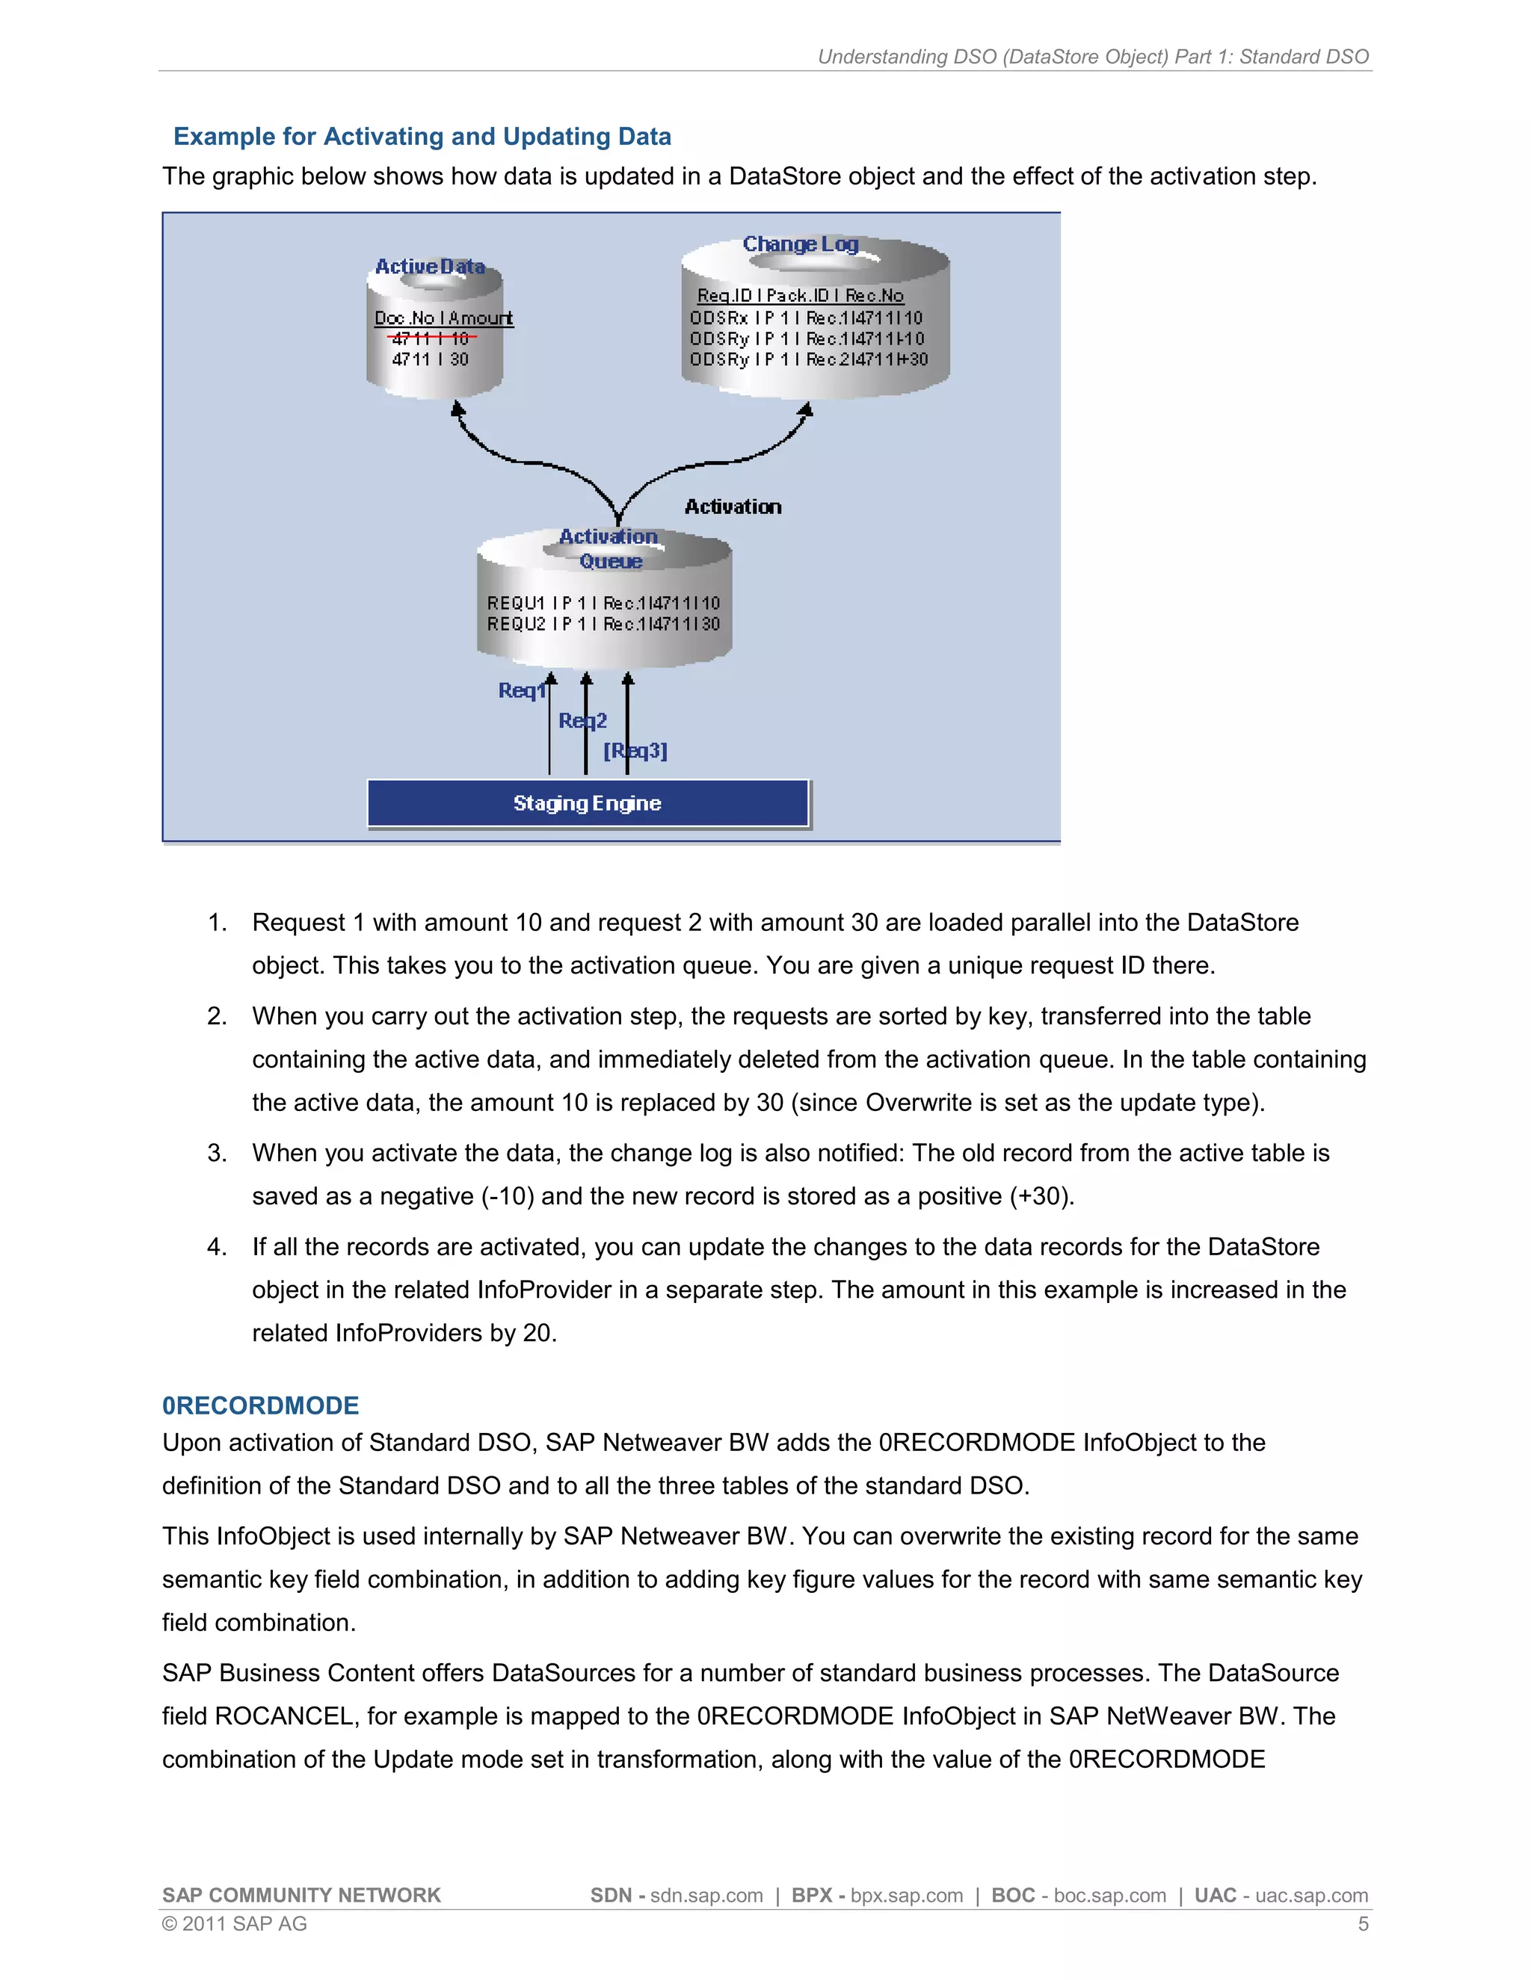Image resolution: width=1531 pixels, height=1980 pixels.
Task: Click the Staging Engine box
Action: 588,803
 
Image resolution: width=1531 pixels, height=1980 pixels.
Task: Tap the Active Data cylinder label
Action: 430,267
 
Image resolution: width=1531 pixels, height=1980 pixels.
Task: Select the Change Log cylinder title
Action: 800,244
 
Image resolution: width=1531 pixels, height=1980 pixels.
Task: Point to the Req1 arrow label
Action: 522,691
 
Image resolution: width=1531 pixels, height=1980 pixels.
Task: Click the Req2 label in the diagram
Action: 582,721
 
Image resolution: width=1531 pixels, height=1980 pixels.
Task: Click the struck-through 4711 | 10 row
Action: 431,338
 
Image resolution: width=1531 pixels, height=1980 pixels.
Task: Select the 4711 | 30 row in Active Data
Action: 431,359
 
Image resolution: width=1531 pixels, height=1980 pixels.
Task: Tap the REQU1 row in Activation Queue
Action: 603,603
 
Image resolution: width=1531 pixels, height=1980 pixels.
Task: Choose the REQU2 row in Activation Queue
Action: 603,624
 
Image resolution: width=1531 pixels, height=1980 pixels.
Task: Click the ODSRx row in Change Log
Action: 805,318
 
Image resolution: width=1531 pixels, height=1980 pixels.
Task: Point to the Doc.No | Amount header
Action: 443,318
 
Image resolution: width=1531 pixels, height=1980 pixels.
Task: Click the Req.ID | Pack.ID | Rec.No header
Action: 800,296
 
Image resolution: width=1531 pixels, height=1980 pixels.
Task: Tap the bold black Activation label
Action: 733,507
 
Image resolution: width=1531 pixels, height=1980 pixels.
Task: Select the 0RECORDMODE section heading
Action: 260,1405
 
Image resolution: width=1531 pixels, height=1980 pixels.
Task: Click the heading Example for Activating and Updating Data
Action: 422,136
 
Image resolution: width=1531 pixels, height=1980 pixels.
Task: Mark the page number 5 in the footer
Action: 1362,1924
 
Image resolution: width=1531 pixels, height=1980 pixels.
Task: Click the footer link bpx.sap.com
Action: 906,1896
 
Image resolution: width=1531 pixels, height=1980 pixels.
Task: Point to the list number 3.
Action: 217,1153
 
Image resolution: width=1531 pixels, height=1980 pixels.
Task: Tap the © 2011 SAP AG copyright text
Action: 234,1924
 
